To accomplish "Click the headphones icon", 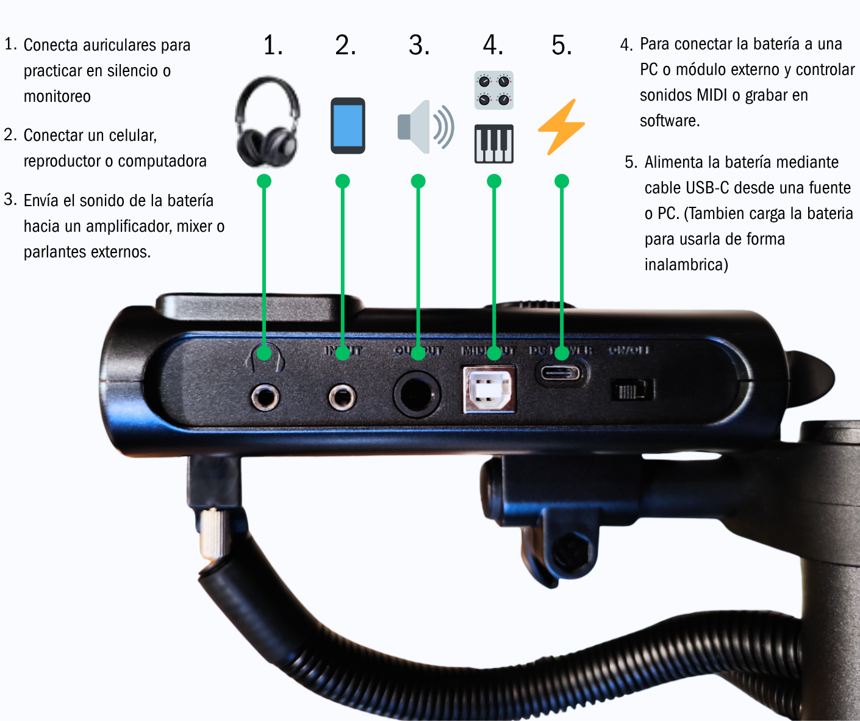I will tap(267, 122).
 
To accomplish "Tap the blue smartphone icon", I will tap(348, 126).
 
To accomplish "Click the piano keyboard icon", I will tap(494, 144).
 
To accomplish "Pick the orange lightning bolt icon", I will tap(561, 126).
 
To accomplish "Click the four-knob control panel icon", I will tap(494, 90).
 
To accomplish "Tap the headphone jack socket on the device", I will tap(265, 398).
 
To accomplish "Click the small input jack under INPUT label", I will tap(342, 398).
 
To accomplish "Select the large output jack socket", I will tap(417, 395).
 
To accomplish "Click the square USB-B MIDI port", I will tap(489, 389).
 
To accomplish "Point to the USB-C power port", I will tap(562, 373).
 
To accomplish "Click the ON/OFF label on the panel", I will tap(629, 350).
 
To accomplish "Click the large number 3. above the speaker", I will tap(419, 46).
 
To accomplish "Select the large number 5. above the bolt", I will tap(562, 46).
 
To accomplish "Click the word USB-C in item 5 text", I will tap(707, 188).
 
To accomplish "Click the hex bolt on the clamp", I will tap(572, 550).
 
